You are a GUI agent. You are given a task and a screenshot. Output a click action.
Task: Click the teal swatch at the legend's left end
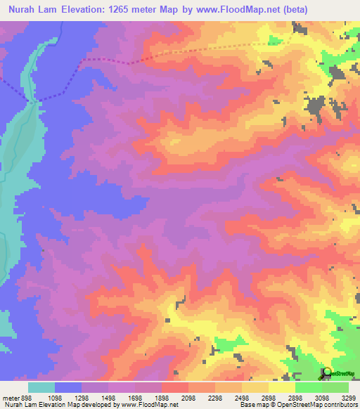[x=41, y=387]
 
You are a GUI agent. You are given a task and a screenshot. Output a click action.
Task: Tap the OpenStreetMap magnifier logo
[x=326, y=372]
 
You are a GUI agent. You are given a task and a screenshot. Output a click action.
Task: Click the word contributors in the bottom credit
[x=341, y=405]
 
